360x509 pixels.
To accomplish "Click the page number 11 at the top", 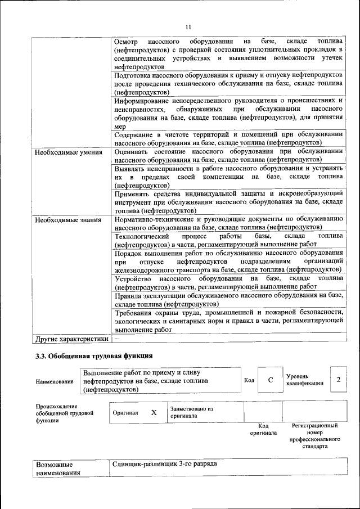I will click(x=188, y=26).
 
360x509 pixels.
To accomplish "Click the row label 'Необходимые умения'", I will click(x=69, y=152).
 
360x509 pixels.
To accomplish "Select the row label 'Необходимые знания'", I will click(x=68, y=219).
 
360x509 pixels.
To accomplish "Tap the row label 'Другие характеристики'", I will click(x=71, y=339).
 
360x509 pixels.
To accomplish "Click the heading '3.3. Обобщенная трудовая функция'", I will click(x=93, y=356).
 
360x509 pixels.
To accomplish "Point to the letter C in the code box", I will click(x=270, y=380).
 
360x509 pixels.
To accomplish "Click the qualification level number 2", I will click(x=339, y=380).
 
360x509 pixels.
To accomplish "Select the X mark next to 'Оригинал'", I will click(x=154, y=412).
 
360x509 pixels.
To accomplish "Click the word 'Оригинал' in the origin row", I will click(x=125, y=413).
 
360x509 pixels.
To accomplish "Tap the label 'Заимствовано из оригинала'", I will click(x=191, y=412).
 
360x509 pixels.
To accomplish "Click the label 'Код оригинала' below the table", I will click(x=263, y=429).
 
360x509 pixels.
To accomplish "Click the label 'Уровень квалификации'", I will click(x=304, y=380).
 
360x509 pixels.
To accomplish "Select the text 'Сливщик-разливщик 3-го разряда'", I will click(x=164, y=465).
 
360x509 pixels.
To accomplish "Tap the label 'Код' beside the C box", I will click(x=249, y=380).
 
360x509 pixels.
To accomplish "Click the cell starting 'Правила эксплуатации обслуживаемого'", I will click(x=228, y=299).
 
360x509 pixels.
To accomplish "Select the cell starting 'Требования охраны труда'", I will click(x=228, y=321).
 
